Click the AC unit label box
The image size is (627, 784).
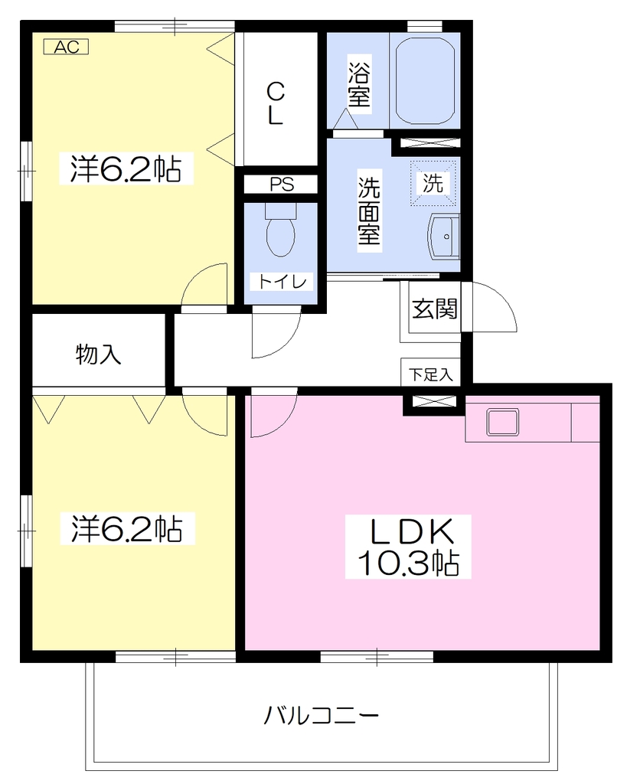[66, 47]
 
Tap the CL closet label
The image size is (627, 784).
[276, 104]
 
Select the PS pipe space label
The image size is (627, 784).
[282, 185]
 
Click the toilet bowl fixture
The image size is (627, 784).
[280, 229]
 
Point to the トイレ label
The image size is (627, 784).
[282, 282]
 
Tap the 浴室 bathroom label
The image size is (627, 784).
[359, 83]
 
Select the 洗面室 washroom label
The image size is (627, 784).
[369, 211]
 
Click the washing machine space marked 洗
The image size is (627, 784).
[433, 183]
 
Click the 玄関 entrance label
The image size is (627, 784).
[435, 309]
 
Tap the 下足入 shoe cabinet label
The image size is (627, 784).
[430, 374]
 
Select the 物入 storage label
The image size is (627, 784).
[98, 354]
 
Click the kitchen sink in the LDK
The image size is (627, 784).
[503, 421]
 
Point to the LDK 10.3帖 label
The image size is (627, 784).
[408, 547]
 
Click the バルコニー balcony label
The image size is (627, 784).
[322, 716]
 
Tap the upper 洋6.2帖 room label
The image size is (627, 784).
[126, 169]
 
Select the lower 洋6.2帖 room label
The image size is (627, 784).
[127, 528]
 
